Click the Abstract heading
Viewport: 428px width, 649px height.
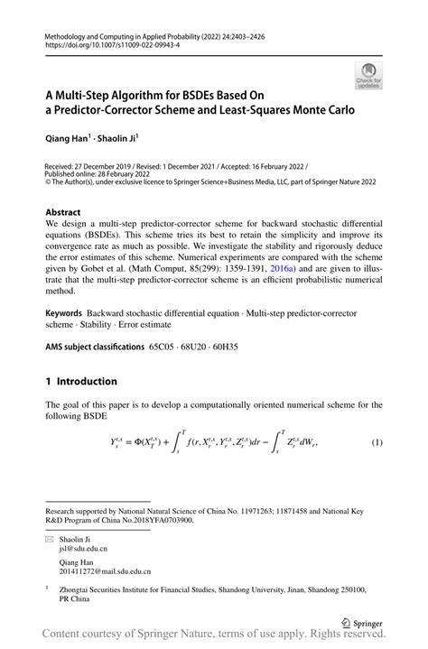tap(63, 212)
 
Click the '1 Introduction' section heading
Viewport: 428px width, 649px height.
tap(82, 381)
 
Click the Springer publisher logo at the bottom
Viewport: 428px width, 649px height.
tap(362, 624)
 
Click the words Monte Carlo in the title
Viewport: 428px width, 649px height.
tap(325, 111)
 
